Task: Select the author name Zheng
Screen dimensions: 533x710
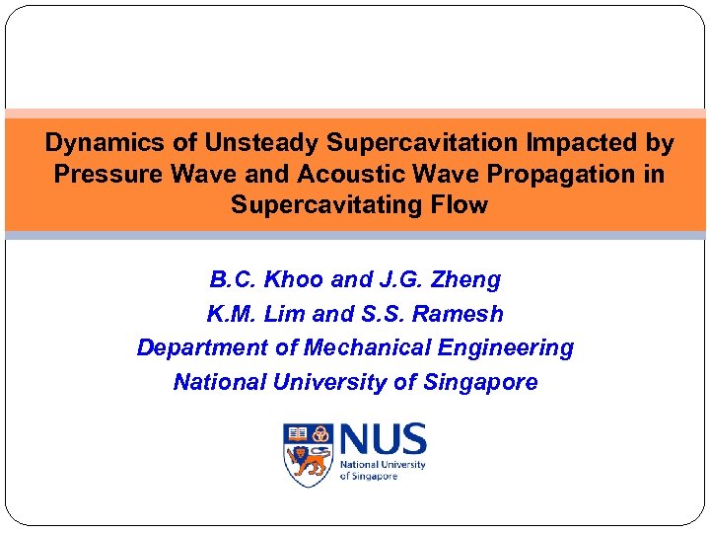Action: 467,280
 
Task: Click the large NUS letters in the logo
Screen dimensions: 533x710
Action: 383,439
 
